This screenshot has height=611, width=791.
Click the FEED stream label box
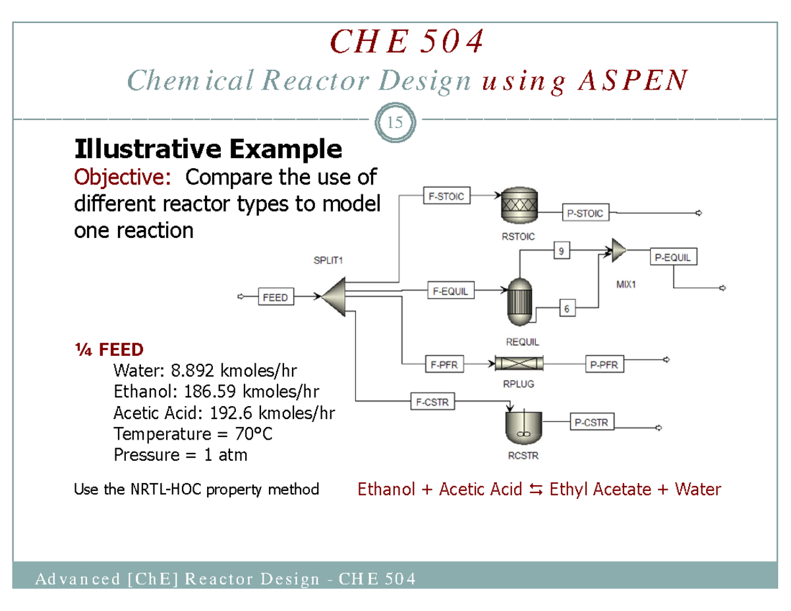coord(275,297)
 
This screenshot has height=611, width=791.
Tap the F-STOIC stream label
coord(446,196)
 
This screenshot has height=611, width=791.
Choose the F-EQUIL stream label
coord(451,290)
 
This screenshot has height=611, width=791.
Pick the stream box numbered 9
coord(560,250)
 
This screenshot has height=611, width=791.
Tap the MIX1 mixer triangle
coord(618,250)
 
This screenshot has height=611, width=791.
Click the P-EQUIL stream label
coord(673,258)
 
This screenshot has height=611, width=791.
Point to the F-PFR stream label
coord(445,363)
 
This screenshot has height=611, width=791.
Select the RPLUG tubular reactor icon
coord(517,363)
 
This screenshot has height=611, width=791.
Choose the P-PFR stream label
coord(604,363)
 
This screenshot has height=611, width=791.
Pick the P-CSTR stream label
coord(591,422)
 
